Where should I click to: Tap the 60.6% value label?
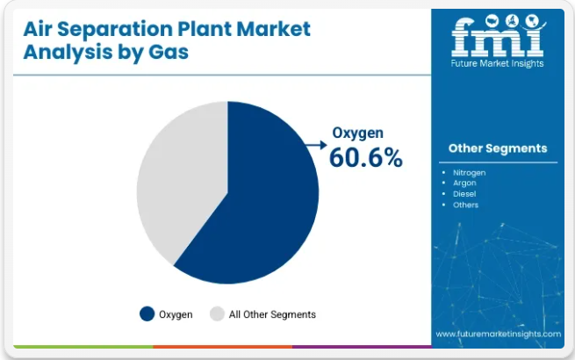[366, 158]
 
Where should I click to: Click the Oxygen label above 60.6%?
[357, 133]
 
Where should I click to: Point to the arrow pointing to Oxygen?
[316, 145]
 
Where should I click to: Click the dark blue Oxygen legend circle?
[147, 313]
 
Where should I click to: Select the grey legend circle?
[217, 313]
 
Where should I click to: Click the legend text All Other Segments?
[272, 314]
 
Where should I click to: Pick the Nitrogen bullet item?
[469, 173]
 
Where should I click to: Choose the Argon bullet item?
[464, 184]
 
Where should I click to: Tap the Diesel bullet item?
[464, 194]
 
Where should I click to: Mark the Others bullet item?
[466, 205]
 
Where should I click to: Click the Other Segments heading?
[498, 148]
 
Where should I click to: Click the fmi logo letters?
[498, 37]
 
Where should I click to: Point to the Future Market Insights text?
[497, 63]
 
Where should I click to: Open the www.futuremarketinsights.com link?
[499, 334]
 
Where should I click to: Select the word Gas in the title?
[169, 52]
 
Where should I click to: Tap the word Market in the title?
[274, 29]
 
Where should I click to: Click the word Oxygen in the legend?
[176, 315]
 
